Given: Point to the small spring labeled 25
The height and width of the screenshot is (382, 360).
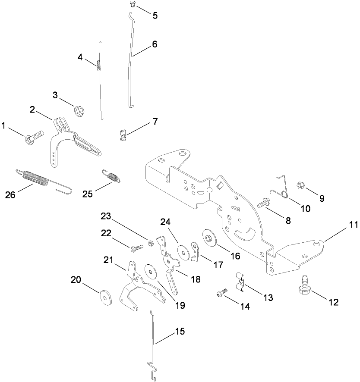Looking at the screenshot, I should [112, 176].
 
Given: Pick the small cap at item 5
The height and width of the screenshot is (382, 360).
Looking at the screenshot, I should [133, 4].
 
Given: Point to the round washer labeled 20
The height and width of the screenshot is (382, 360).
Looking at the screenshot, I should [104, 297].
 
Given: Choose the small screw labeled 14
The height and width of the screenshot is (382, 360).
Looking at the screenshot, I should [221, 294].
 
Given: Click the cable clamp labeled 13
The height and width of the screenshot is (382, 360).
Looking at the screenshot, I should [240, 280].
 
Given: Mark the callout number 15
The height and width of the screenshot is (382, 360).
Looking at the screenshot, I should [179, 332].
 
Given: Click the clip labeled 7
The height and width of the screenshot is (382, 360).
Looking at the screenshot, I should [123, 135].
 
